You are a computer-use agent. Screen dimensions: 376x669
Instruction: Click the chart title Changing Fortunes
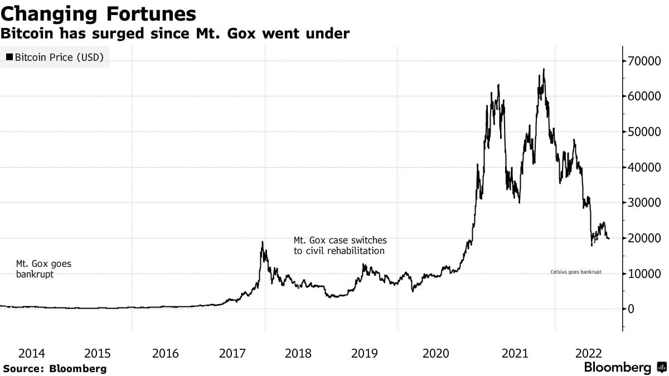click(98, 13)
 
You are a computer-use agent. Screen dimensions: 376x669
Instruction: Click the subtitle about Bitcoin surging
click(175, 34)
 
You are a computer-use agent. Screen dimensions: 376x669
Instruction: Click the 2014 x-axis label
click(32, 353)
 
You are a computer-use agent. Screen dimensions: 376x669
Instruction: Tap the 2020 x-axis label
click(436, 353)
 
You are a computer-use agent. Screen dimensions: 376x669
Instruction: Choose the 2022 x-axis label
click(588, 353)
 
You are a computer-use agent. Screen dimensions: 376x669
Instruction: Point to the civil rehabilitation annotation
click(340, 245)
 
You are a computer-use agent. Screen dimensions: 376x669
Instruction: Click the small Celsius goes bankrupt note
click(576, 272)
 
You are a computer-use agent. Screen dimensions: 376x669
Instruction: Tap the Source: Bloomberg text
click(55, 368)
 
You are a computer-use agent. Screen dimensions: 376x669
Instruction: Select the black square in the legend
click(9, 57)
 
